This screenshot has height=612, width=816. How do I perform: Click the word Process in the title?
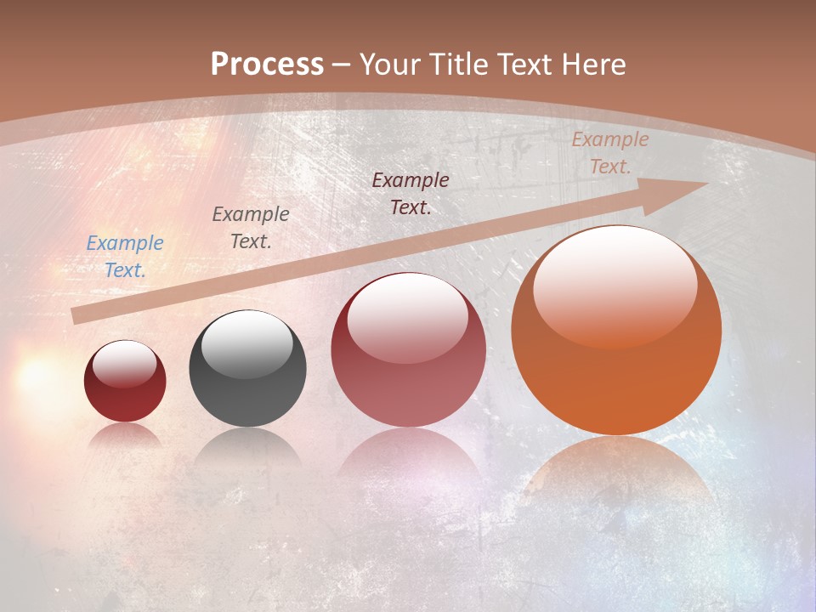coord(267,65)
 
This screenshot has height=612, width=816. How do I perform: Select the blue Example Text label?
coord(125,257)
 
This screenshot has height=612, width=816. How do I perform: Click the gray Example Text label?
coord(251,228)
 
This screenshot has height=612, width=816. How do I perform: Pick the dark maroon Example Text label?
coord(411,194)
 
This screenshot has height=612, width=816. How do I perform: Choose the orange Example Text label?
coord(609,153)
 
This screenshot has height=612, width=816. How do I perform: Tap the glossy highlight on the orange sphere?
coord(615,285)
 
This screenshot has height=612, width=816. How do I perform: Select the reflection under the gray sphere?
coord(247,446)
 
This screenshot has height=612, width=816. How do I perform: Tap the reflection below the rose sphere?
coord(408,455)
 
